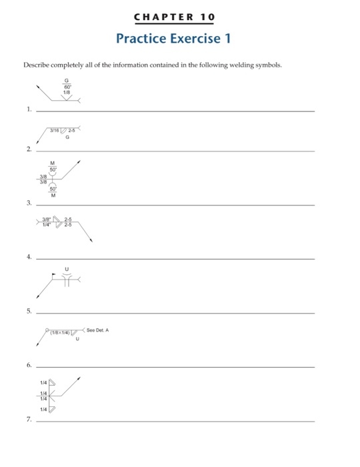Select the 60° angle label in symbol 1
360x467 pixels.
click(x=67, y=86)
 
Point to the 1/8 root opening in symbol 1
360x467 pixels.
click(x=67, y=93)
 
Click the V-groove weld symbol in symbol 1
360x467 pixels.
click(x=67, y=97)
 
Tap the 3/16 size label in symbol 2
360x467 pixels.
click(x=55, y=129)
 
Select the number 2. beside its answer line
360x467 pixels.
click(x=29, y=150)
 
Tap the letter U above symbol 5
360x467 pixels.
click(x=66, y=270)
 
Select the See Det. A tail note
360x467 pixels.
click(x=98, y=330)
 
